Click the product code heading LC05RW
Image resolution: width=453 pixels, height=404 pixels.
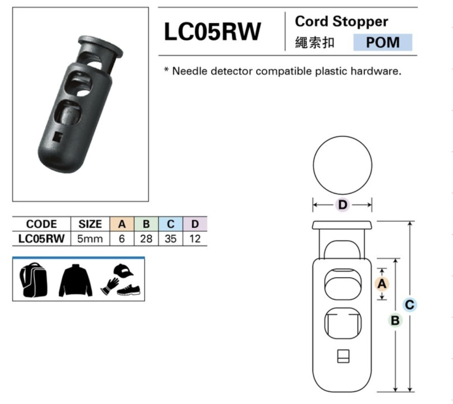(x=212, y=31)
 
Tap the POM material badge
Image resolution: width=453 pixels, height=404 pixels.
(x=383, y=42)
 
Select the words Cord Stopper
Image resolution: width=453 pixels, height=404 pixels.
(x=341, y=22)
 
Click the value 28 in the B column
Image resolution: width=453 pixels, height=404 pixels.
(x=146, y=239)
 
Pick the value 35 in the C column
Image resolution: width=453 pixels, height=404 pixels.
(x=170, y=239)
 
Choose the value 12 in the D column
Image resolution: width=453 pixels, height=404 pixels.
(x=195, y=239)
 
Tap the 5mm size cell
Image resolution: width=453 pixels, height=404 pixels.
(x=90, y=239)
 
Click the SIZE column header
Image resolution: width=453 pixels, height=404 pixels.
(x=90, y=224)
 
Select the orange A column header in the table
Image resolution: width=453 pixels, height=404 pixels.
(x=122, y=224)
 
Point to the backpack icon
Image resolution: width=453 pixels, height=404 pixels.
(x=33, y=280)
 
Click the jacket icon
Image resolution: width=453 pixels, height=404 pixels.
(x=75, y=280)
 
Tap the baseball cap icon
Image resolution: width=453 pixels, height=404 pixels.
(x=123, y=270)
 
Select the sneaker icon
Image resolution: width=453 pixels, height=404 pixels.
(x=129, y=290)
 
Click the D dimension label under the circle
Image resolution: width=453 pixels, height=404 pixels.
(x=342, y=205)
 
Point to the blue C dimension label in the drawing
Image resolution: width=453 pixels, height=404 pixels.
(x=410, y=304)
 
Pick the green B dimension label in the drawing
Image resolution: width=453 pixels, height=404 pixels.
(x=395, y=320)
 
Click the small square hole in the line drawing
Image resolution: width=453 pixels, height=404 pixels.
(x=343, y=356)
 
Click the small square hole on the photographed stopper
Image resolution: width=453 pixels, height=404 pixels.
(x=58, y=137)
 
